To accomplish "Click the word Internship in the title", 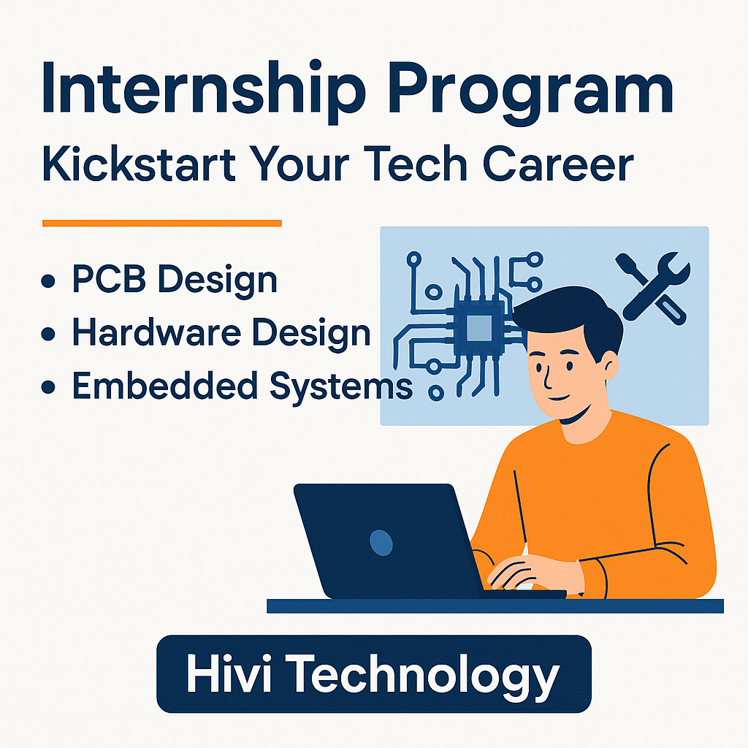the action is tap(204, 88).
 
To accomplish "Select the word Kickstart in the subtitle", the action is tap(139, 164).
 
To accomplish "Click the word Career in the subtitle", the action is tap(558, 164).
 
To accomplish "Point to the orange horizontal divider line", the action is tap(162, 224).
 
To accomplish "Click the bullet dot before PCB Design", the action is tap(48, 281).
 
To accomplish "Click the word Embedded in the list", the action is tap(165, 386).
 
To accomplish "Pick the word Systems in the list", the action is tap(341, 387).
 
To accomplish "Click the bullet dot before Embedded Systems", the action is tap(48, 387).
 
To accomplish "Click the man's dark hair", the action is tap(573, 316).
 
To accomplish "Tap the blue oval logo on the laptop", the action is tap(381, 543).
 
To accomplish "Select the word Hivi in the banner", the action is tap(229, 673).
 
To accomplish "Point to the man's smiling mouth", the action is tap(558, 397).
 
